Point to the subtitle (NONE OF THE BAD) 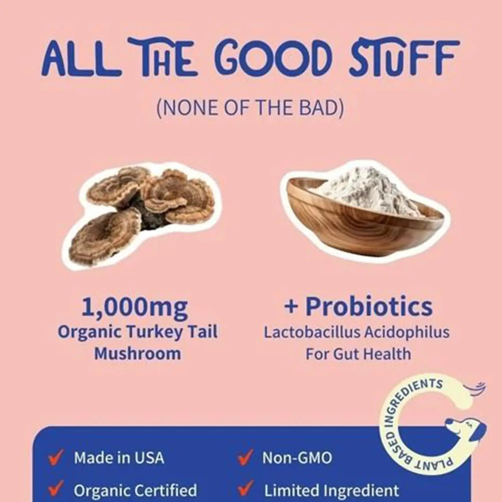coord(251,108)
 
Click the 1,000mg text coord(134,307)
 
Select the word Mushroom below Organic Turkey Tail coord(137,353)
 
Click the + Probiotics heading coord(358,307)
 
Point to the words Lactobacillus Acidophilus coord(357,332)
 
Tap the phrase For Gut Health coord(358,353)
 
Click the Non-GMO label coord(297,458)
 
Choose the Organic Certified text coord(135,490)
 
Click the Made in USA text coord(119,458)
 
